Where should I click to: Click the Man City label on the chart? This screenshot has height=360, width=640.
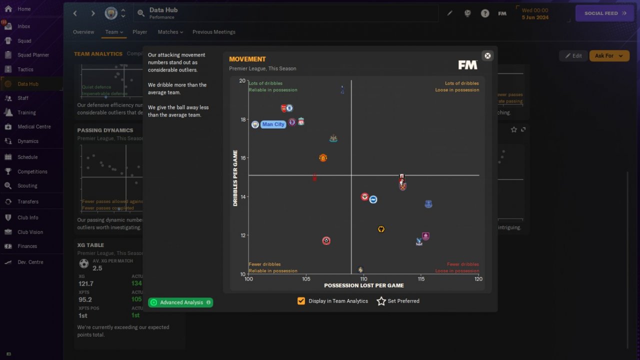(273, 124)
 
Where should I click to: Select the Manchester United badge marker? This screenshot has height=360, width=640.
(323, 158)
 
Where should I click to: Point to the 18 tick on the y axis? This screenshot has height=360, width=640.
(242, 119)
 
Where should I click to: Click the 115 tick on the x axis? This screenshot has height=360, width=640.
(421, 279)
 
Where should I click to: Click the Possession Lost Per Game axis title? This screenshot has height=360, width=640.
(363, 285)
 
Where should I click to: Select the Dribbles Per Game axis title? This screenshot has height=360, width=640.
(235, 178)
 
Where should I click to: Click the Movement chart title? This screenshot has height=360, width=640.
(247, 59)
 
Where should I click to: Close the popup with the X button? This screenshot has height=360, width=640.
(487, 55)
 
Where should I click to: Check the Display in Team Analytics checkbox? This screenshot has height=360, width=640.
(301, 301)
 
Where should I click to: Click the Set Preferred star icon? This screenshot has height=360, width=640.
(381, 301)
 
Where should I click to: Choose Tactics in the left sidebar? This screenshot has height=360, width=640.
(25, 69)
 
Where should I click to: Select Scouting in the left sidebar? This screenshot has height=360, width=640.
(27, 185)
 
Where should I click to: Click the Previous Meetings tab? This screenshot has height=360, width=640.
(213, 32)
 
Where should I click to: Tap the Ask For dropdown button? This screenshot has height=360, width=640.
(609, 56)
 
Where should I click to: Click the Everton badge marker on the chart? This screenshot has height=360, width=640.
(428, 204)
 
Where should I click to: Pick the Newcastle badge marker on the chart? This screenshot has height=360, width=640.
(333, 138)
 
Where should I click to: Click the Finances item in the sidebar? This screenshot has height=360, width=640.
(27, 246)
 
